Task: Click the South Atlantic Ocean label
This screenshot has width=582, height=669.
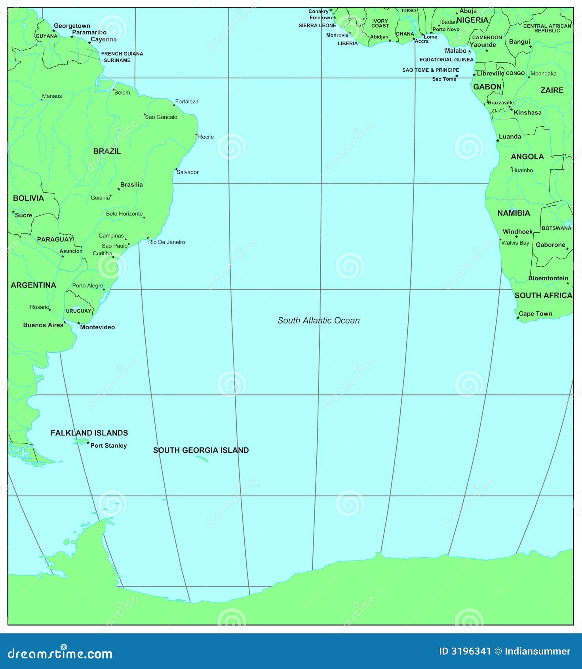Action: pyautogui.click(x=318, y=321)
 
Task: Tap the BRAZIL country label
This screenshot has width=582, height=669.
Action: pyautogui.click(x=107, y=151)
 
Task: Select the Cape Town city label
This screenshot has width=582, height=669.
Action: pyautogui.click(x=535, y=314)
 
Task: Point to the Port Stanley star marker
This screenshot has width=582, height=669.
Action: pyautogui.click(x=88, y=443)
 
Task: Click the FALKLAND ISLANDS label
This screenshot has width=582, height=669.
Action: pyautogui.click(x=89, y=433)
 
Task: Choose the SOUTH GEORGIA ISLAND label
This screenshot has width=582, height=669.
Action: pyautogui.click(x=201, y=450)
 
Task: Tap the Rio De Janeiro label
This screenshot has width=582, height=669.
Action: pyautogui.click(x=166, y=242)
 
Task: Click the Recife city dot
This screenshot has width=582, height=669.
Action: pyautogui.click(x=196, y=135)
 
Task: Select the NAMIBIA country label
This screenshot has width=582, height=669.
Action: pyautogui.click(x=514, y=213)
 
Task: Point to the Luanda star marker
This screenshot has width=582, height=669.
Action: pyautogui.click(x=498, y=141)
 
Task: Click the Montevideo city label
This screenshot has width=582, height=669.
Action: pyautogui.click(x=97, y=327)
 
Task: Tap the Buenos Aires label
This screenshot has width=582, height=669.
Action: pyautogui.click(x=43, y=325)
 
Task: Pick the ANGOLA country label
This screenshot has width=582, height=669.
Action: pyautogui.click(x=527, y=157)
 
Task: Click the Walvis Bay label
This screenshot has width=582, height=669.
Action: pyautogui.click(x=515, y=243)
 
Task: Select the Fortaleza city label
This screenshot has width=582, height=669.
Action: pyautogui.click(x=187, y=102)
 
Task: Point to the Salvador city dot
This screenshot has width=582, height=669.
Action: pyautogui.click(x=176, y=169)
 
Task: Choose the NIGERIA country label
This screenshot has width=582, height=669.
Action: pyautogui.click(x=472, y=20)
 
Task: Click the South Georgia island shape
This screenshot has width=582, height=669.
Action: pyautogui.click(x=202, y=459)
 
